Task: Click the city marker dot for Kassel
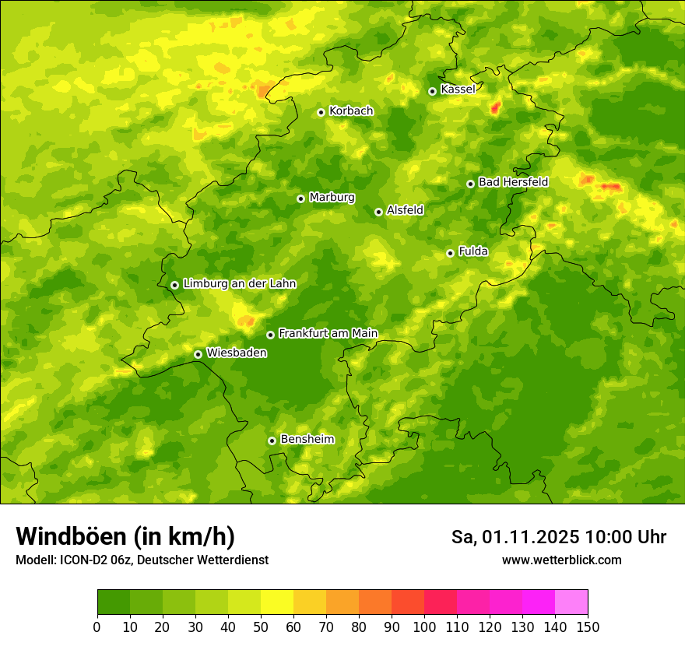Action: (432, 91)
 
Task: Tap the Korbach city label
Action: (351, 111)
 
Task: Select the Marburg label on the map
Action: (332, 198)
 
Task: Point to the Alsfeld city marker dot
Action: (378, 212)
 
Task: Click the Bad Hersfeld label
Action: (513, 182)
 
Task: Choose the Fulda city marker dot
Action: (450, 253)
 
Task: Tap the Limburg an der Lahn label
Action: (240, 284)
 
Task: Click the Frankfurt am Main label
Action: (328, 334)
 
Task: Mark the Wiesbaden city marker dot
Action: (198, 354)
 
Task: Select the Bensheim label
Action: (307, 440)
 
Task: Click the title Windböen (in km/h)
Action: (125, 537)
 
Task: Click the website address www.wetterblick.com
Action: (561, 560)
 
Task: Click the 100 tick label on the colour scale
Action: (424, 627)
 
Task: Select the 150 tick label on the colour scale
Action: (588, 627)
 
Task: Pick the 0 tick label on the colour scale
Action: (97, 627)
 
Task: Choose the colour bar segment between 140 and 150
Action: (571, 602)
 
